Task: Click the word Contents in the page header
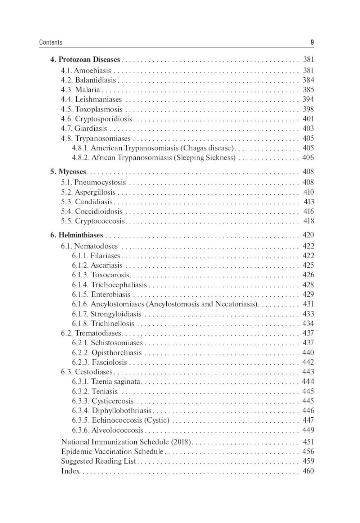click(50, 42)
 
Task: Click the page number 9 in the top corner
click(312, 42)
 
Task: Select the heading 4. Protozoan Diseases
click(85, 59)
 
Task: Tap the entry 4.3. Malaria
click(80, 90)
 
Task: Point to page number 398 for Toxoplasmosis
click(308, 109)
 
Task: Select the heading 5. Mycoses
click(68, 172)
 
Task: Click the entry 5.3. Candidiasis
click(87, 202)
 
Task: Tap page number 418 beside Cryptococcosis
click(308, 221)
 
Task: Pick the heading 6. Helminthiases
click(77, 235)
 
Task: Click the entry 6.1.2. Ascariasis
click(97, 265)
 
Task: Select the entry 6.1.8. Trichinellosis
click(103, 323)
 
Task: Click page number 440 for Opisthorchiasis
click(308, 353)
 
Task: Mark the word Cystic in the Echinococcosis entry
click(157, 420)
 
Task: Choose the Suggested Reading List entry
click(98, 461)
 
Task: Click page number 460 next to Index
click(308, 471)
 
